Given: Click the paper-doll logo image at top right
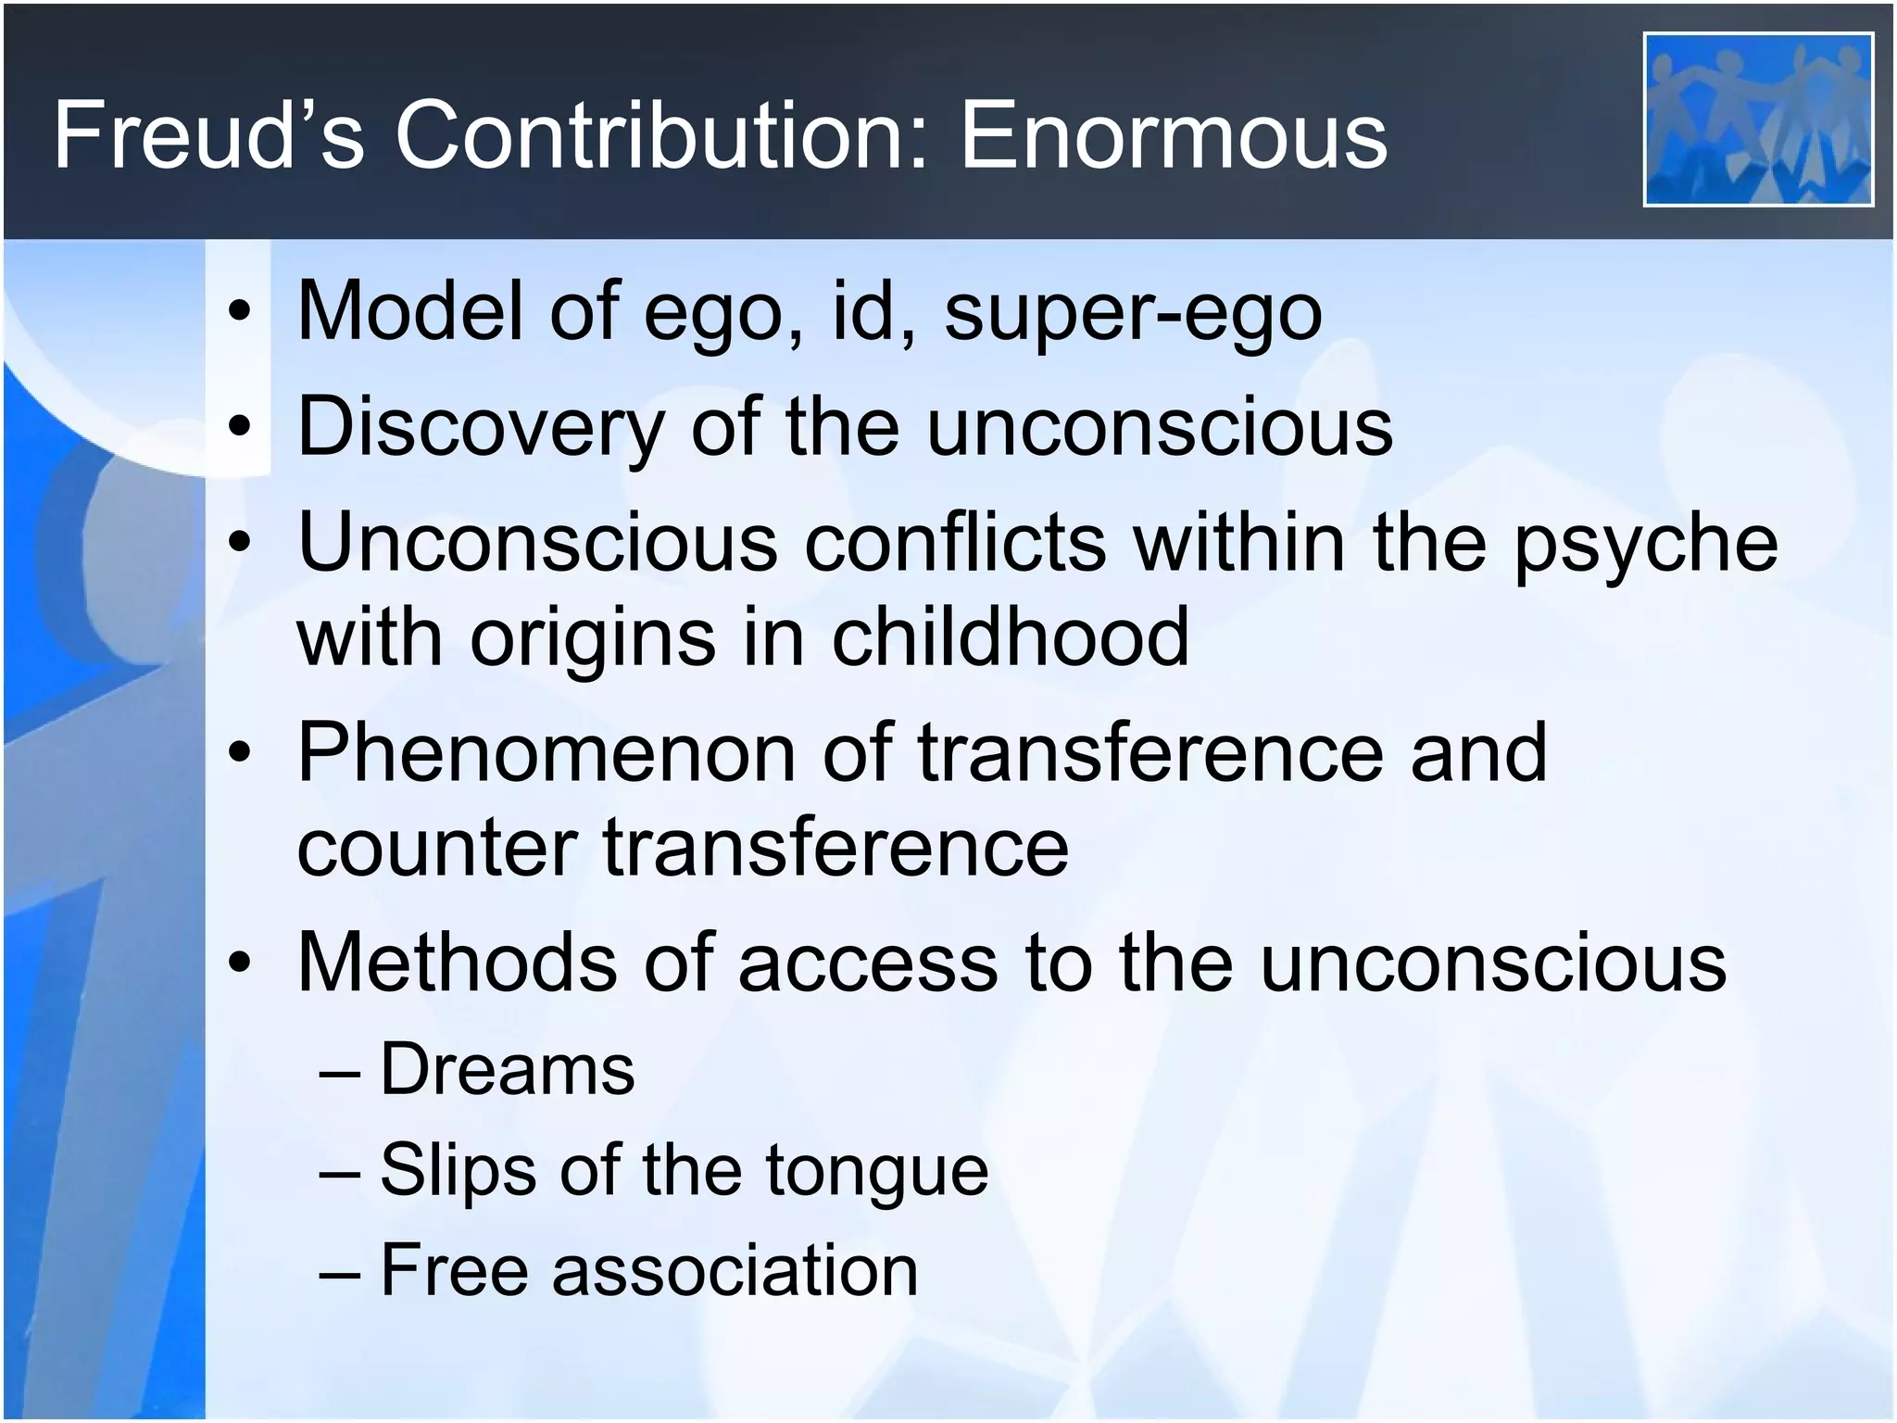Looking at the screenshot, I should click(x=1757, y=119).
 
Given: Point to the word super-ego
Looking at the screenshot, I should click(x=1132, y=313).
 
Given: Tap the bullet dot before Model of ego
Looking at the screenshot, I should click(x=240, y=313).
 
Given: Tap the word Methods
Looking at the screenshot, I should click(x=457, y=962).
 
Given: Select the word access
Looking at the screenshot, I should click(x=868, y=962).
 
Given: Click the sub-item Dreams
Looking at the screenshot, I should click(x=508, y=1069).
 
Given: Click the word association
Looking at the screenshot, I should click(x=735, y=1269).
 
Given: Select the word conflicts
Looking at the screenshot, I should click(x=955, y=543).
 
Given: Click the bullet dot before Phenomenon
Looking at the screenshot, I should click(x=240, y=754).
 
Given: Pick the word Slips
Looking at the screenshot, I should click(x=458, y=1169).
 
